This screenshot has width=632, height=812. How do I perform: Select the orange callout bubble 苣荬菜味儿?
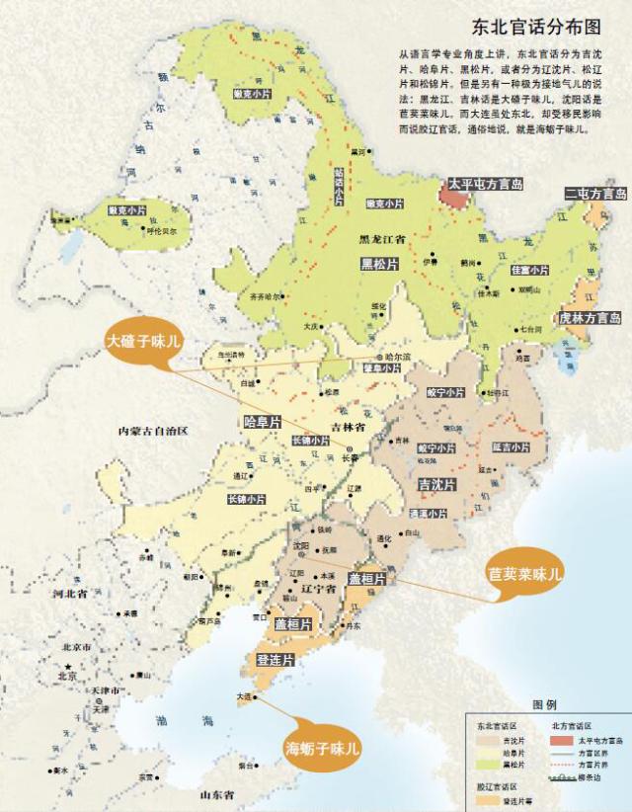[524, 572]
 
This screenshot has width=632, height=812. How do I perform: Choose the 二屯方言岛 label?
[595, 194]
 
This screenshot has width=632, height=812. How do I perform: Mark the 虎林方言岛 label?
[590, 318]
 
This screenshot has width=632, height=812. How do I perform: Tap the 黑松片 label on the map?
[378, 264]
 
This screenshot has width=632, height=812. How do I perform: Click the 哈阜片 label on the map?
[263, 421]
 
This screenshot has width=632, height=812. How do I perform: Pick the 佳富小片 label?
[528, 270]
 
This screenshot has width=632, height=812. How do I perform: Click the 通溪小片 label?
[428, 514]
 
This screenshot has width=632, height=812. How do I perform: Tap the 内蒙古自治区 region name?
[153, 432]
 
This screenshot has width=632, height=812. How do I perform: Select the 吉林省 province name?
[348, 427]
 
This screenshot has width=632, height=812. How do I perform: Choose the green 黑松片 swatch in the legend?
[486, 765]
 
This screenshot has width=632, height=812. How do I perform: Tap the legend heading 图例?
[545, 706]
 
